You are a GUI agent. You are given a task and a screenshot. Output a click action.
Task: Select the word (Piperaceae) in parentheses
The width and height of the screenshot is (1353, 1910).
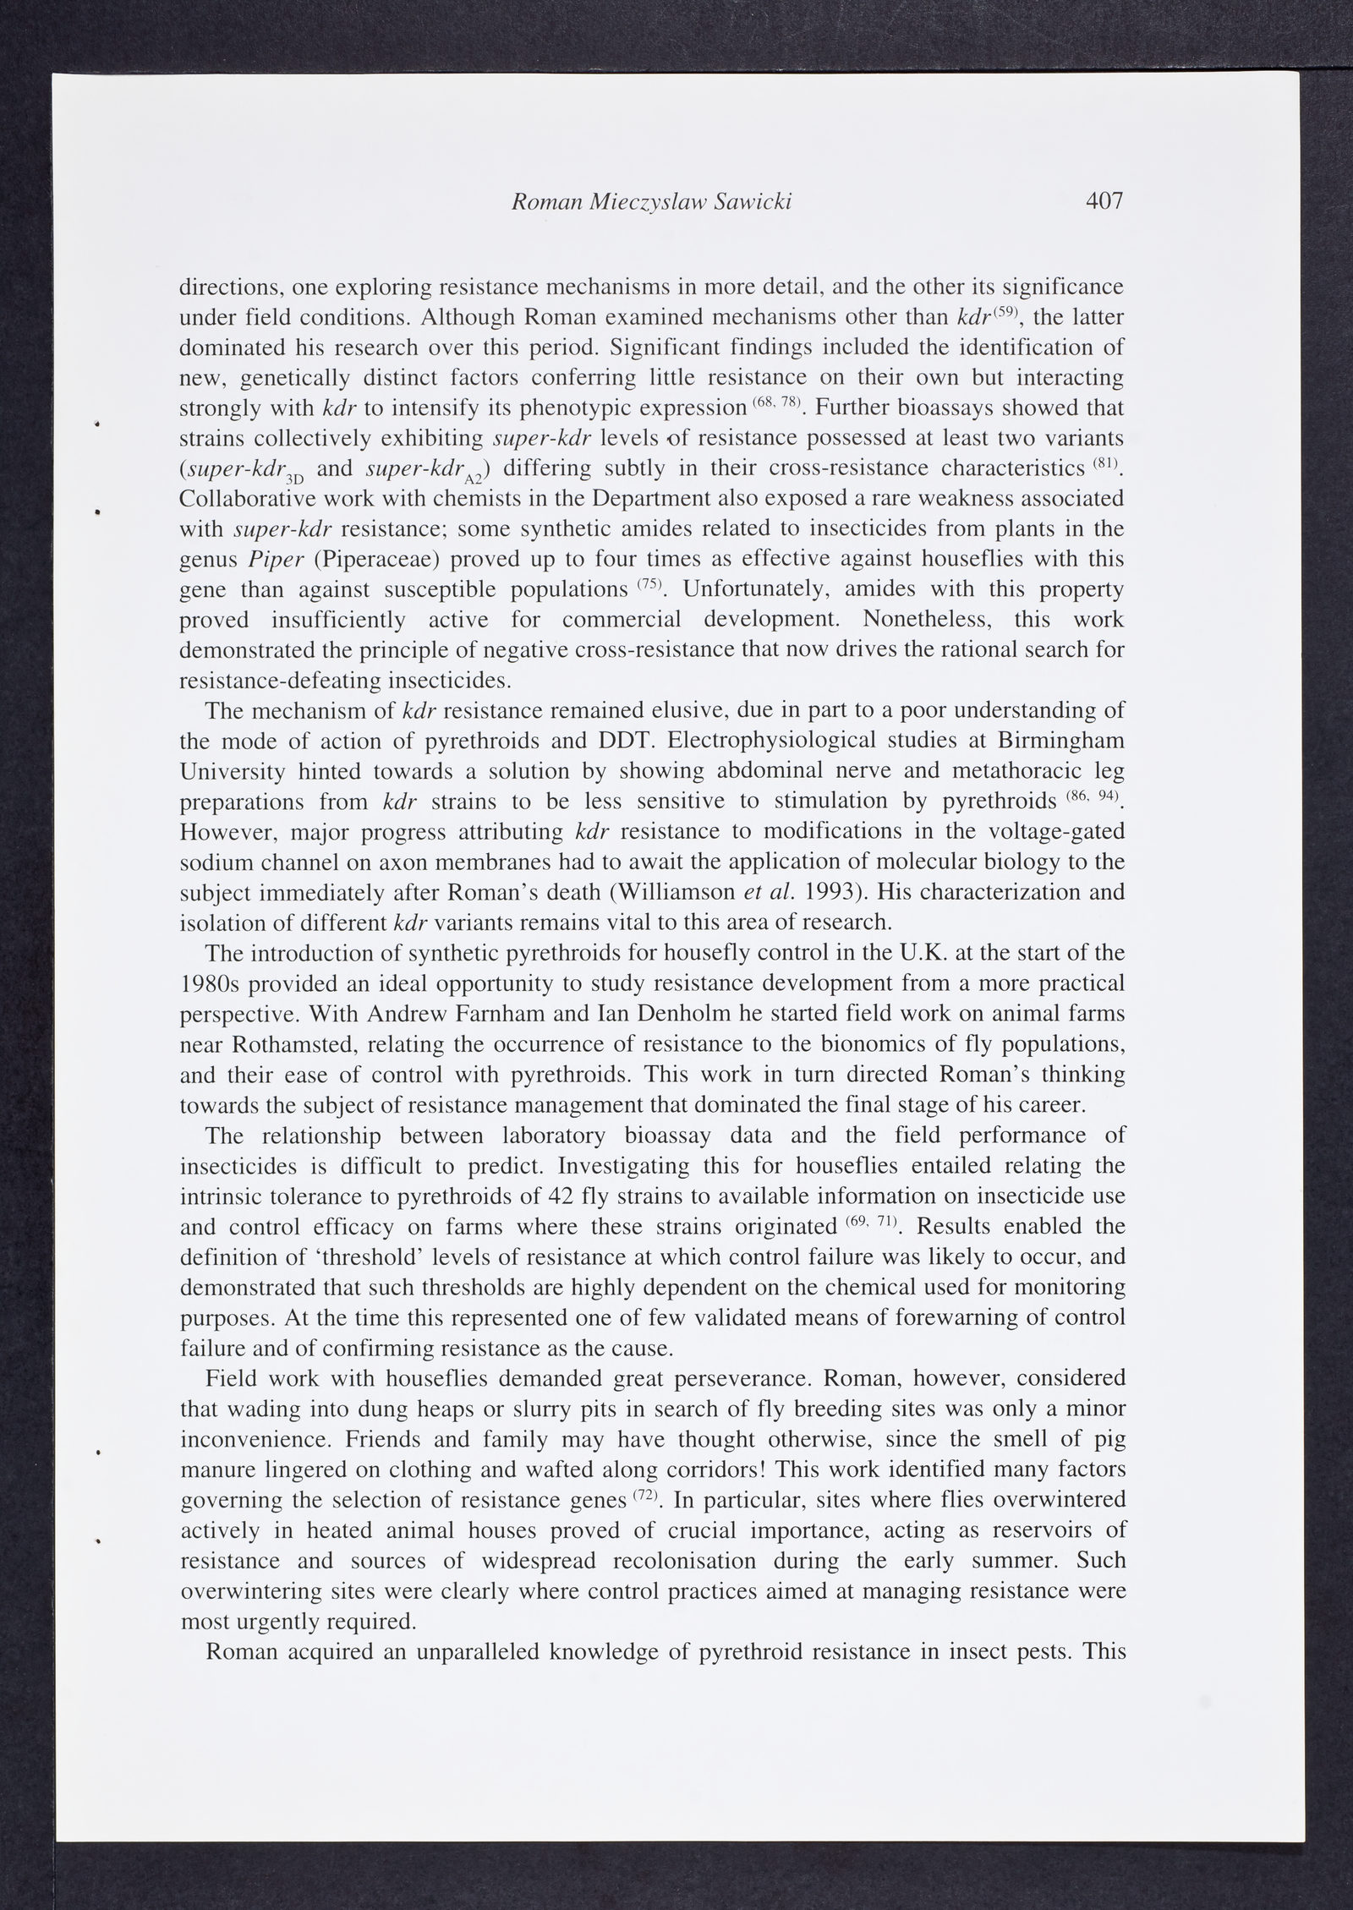pos(366,560)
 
